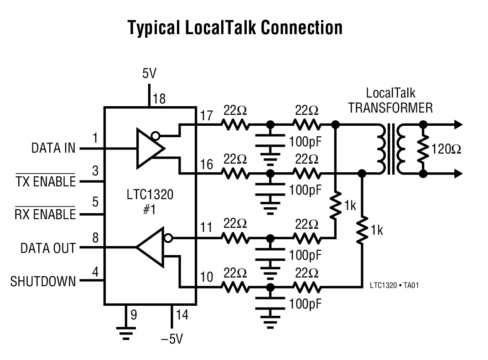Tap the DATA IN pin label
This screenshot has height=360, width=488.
[x=53, y=148]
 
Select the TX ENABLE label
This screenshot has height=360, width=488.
[x=46, y=181]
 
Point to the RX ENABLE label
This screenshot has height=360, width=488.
[x=45, y=214]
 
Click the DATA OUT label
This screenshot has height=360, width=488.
[x=48, y=248]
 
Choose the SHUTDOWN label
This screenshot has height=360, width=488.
[x=43, y=281]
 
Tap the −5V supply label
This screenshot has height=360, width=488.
[x=172, y=340]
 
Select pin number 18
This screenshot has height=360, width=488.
[x=159, y=98]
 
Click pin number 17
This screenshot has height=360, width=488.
[x=207, y=116]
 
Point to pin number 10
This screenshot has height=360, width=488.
[x=207, y=277]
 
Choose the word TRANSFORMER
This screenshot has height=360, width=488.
[x=390, y=108]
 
